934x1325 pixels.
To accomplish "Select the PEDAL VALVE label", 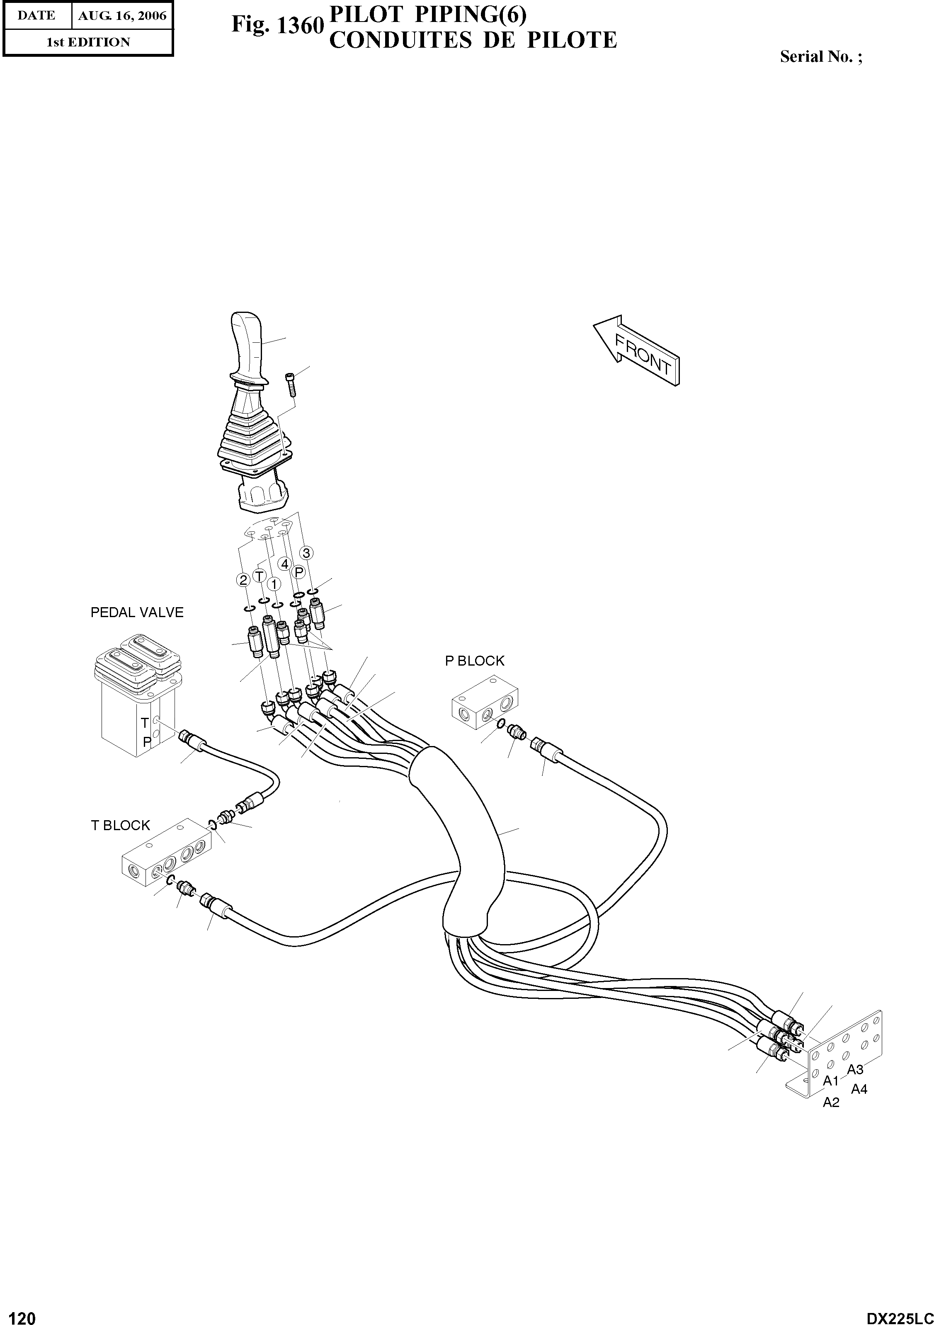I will click(x=137, y=612).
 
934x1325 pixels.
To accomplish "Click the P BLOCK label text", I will click(x=475, y=661).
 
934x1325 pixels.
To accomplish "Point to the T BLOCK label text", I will click(x=120, y=825).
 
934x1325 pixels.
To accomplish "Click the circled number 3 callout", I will click(x=306, y=553).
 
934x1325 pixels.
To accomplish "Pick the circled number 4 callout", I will click(x=284, y=563).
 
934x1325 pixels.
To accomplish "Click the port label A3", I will click(x=854, y=1069).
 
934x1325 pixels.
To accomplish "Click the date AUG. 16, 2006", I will click(x=122, y=16).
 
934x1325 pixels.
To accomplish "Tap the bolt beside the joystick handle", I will click(x=290, y=384).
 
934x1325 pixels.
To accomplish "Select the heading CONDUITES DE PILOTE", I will click(x=473, y=40).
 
